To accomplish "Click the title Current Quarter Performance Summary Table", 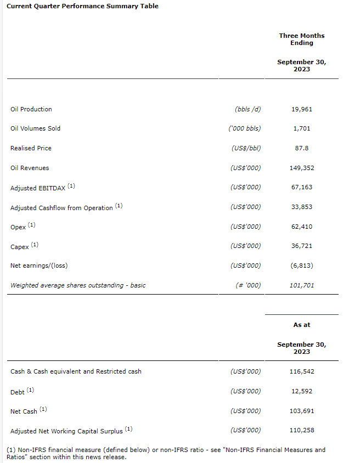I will click(82, 6).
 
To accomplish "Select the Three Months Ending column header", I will click(301, 39).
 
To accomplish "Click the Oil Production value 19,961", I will click(301, 109).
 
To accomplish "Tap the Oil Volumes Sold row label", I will click(36, 128).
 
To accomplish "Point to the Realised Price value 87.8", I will click(301, 148).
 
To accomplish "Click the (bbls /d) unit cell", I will click(248, 109).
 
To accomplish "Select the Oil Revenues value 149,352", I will click(301, 168).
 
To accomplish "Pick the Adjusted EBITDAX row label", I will click(38, 188).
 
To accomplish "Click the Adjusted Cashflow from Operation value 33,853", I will click(301, 207).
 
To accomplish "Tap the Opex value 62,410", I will click(301, 227).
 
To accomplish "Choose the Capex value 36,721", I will click(301, 246).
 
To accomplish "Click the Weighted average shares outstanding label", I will click(78, 285).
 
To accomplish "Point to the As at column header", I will click(301, 325).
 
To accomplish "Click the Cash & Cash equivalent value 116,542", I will click(301, 371).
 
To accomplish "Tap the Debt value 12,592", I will click(301, 391).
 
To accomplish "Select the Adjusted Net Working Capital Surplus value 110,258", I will click(301, 430).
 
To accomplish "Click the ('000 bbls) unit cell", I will click(245, 128).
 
